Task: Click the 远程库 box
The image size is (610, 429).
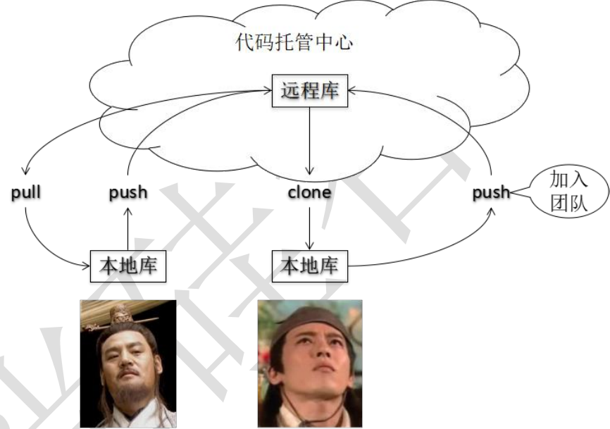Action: click(309, 92)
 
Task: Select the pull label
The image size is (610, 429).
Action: click(25, 192)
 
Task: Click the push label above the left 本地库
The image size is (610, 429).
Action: click(128, 192)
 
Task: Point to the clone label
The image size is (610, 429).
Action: click(309, 192)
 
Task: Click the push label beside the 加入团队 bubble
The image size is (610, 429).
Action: click(491, 192)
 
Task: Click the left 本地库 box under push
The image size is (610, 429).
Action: click(127, 266)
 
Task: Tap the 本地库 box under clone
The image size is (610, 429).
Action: click(309, 266)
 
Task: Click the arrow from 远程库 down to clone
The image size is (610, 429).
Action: click(309, 141)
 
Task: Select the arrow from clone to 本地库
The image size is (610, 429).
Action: click(309, 225)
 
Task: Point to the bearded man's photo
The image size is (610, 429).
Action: click(127, 363)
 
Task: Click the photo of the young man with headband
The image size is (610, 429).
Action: click(310, 363)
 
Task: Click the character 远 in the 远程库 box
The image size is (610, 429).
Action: click(290, 92)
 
